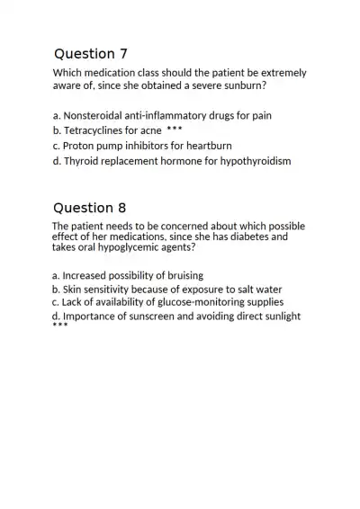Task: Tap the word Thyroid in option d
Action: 84,161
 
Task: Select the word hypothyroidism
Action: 255,161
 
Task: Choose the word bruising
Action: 180,275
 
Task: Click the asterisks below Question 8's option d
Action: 59,326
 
